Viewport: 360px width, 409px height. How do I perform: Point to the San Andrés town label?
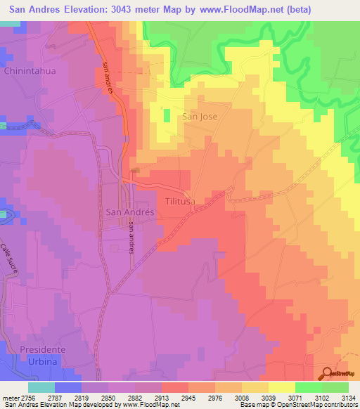pos(125,211)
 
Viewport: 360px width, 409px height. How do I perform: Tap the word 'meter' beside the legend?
pos(8,397)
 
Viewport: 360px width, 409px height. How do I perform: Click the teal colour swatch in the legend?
pos(41,387)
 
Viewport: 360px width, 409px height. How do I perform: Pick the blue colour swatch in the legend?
pos(68,387)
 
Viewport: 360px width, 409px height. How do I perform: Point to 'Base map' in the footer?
pos(253,405)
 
